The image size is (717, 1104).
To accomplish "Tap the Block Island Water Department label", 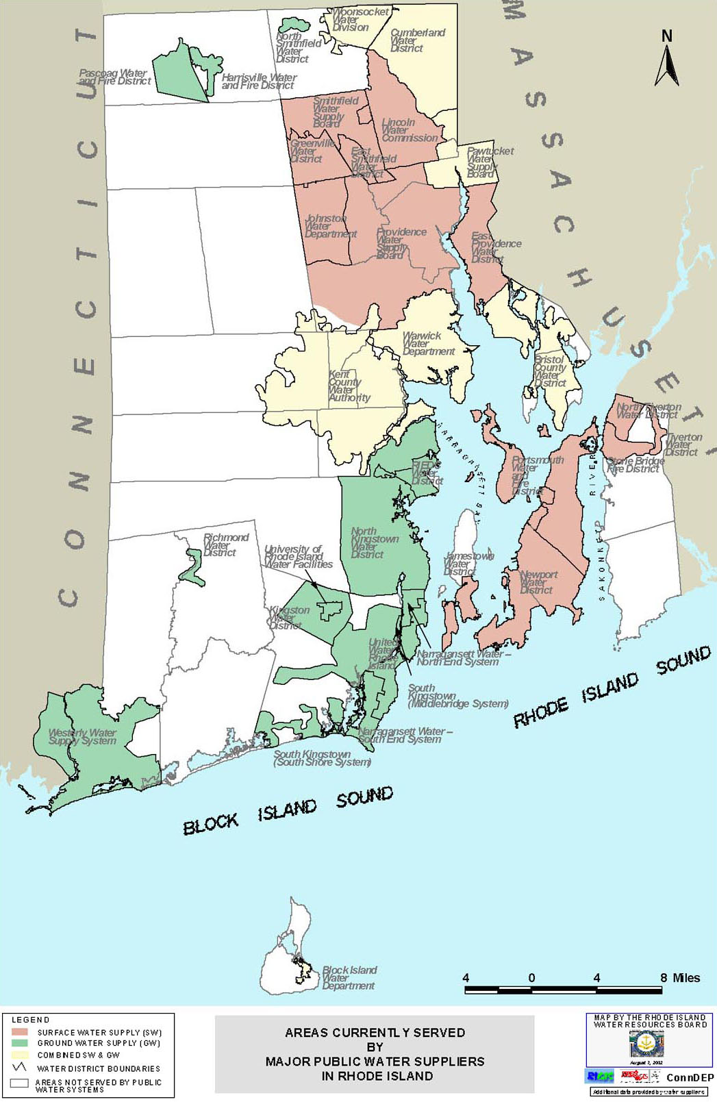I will [349, 978].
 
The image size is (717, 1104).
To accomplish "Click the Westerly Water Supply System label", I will [82, 737].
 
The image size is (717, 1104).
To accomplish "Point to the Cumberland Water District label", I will [416, 40].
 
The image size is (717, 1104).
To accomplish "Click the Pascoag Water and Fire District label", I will [114, 77].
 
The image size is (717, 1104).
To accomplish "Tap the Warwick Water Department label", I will [428, 344].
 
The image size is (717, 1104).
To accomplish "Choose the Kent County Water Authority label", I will [349, 386].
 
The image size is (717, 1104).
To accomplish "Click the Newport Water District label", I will [538, 582].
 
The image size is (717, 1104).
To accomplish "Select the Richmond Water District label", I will [225, 545].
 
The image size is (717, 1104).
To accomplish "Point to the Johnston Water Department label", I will [330, 226].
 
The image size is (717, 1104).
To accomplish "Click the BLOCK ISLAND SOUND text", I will [288, 809].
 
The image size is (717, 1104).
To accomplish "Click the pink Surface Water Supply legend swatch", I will [20, 1032].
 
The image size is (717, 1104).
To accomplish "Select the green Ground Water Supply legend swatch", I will [20, 1043].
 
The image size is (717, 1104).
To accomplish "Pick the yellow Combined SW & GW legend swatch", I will [20, 1055].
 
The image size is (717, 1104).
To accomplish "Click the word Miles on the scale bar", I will [686, 978].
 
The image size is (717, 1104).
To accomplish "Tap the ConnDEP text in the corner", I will [689, 1077].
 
